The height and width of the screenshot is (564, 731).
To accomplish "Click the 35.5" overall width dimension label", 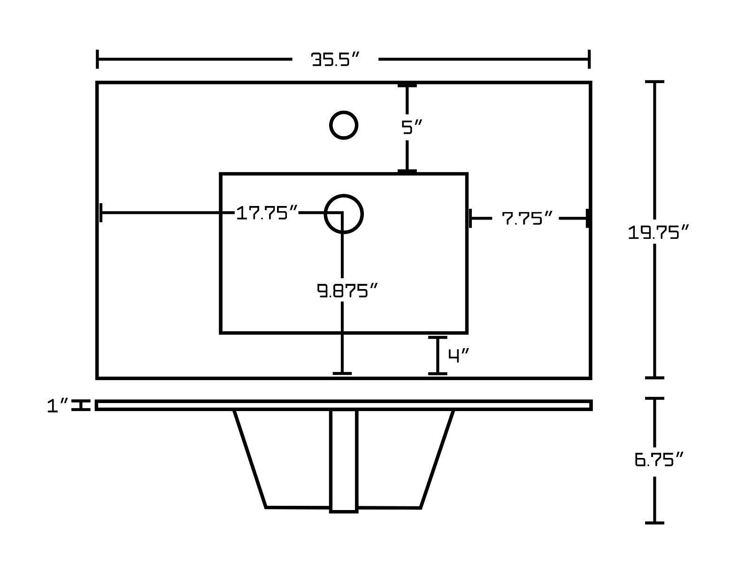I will coord(335,60).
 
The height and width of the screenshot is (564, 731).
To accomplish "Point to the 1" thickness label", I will coord(58,406).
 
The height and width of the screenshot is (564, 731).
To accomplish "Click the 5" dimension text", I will coord(412,127).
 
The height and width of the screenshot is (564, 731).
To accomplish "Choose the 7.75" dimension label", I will coord(527,218).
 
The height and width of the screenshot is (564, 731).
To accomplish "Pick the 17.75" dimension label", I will coord(267,213).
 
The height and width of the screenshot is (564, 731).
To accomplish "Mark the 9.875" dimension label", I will coord(347,291).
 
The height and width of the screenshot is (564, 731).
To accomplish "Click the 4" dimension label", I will coord(459,356).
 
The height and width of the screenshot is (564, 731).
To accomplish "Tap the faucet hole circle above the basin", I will coord(344,125).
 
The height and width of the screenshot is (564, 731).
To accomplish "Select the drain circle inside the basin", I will coord(344,214).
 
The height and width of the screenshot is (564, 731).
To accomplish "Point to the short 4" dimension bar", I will coord(438,355).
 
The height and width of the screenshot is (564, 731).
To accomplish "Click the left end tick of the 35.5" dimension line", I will coord(97,60).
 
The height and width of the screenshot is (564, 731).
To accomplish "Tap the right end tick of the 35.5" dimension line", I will coord(589,60).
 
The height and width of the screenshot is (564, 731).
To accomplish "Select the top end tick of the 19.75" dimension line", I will coord(654,82).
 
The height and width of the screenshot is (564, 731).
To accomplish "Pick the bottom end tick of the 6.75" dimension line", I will coord(654,522).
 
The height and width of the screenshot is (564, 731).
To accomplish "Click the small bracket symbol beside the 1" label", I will coord(81,405).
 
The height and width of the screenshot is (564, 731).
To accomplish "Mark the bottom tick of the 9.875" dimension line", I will coord(342,373).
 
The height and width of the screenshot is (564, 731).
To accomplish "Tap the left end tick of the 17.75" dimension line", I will coord(101,213).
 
